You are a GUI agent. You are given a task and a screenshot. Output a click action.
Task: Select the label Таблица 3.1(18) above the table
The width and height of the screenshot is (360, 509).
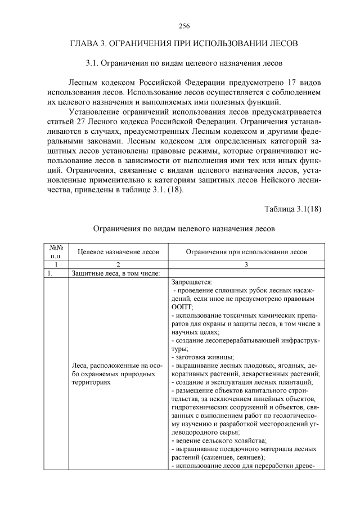pos(292,209)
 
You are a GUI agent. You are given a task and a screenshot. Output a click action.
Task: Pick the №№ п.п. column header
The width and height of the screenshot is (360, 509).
pos(56,251)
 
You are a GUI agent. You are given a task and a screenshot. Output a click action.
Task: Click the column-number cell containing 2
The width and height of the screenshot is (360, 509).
pos(118,264)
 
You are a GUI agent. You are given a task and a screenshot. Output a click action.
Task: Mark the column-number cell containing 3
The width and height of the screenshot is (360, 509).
pos(246,264)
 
